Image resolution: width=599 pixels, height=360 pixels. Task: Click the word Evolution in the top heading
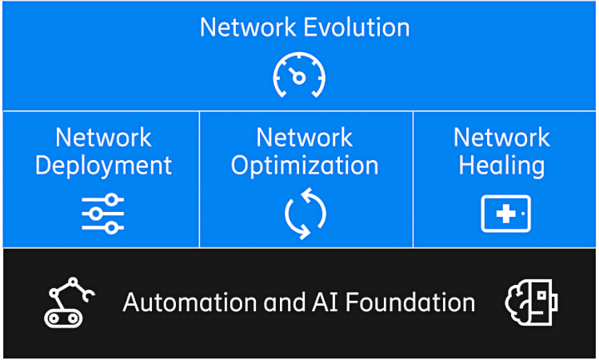click(x=357, y=27)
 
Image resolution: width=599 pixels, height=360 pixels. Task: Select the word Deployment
click(x=103, y=166)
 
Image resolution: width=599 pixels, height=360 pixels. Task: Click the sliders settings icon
click(x=102, y=214)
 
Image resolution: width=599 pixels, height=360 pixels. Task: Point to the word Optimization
click(x=305, y=166)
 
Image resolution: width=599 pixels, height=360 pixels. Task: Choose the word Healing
click(x=502, y=166)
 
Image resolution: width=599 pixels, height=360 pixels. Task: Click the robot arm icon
click(x=70, y=302)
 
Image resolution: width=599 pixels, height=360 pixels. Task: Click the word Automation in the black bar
click(x=190, y=302)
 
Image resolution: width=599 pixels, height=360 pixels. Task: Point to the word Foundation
click(x=411, y=302)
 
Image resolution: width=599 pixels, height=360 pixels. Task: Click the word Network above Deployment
click(x=103, y=138)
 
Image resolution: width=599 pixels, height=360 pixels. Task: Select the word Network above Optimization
click(x=305, y=138)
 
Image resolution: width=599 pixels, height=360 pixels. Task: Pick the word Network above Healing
click(x=502, y=138)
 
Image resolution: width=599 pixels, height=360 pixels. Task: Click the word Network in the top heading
click(x=248, y=27)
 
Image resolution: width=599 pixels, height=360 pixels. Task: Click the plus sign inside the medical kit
click(x=506, y=214)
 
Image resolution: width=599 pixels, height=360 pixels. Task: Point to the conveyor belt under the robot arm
click(x=63, y=318)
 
